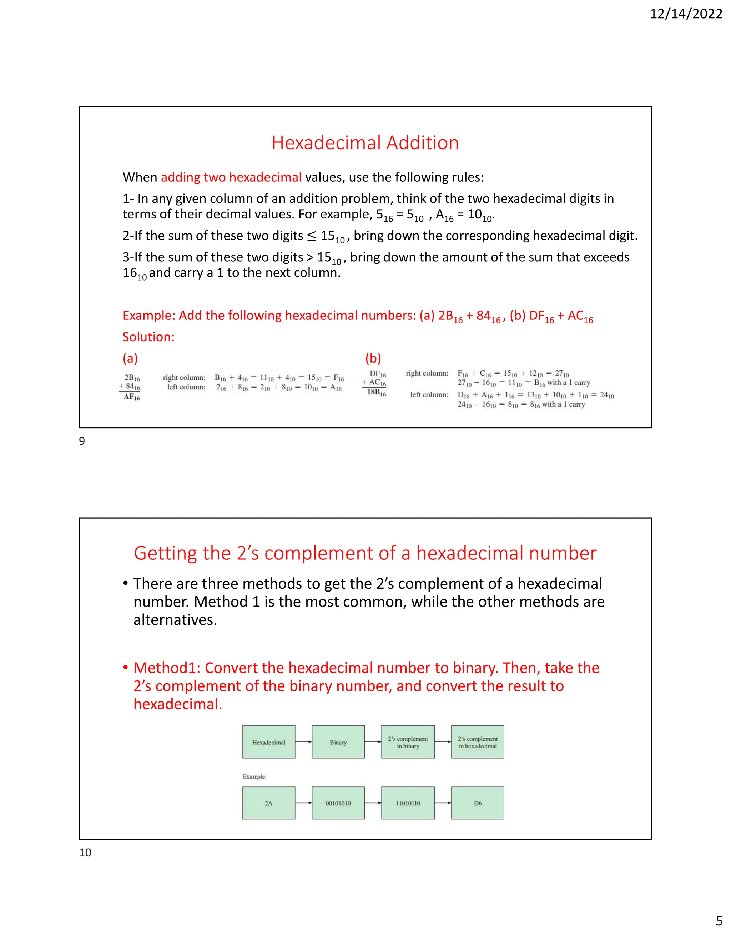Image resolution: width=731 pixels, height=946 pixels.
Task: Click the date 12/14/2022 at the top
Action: point(686,14)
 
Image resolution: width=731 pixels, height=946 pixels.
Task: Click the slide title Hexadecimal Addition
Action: point(365,142)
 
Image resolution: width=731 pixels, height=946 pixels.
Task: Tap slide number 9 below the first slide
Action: point(82,441)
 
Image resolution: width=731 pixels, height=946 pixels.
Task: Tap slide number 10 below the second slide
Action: point(85,852)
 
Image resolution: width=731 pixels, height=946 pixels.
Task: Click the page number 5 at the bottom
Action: point(719,932)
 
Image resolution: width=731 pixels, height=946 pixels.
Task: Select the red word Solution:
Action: point(148,337)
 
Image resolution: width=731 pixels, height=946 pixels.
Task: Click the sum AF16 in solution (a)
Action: point(132,397)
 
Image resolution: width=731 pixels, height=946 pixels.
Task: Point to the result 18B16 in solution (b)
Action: point(376,392)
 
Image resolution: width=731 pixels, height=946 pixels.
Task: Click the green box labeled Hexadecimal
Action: point(268,742)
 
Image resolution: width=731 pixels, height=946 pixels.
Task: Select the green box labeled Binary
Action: point(338,742)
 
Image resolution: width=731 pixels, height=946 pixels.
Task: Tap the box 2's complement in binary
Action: point(408,742)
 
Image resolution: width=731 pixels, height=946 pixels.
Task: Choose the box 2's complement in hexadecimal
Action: point(478,742)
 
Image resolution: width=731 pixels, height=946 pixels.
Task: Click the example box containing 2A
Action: point(268,803)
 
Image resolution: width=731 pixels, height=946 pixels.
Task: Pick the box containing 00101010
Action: point(338,803)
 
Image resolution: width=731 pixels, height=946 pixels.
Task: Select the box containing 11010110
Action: point(408,803)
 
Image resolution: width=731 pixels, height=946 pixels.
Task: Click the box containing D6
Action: point(478,803)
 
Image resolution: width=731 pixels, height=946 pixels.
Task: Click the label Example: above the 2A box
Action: point(254,776)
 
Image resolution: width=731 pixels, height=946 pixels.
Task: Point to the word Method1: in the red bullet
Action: point(167,668)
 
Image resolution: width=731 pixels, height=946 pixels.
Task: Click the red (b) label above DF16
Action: point(373,358)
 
